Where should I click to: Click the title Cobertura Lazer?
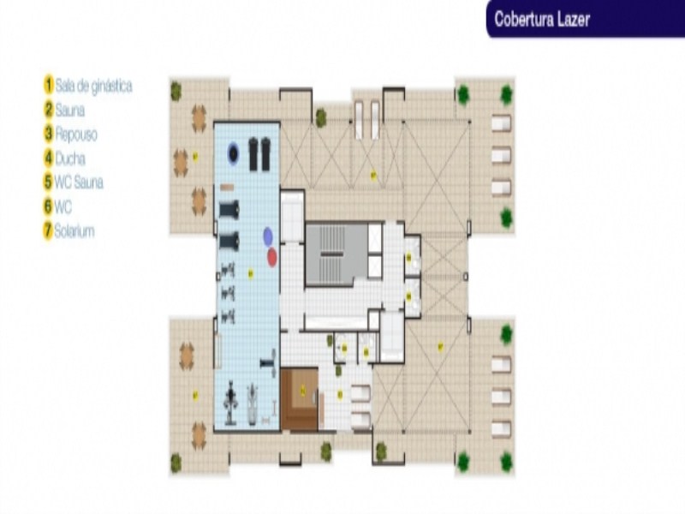point(541,19)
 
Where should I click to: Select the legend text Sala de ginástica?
point(93,86)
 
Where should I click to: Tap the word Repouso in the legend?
point(76,134)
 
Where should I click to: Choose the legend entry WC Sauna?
point(79,182)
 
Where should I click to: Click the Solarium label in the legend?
point(74,231)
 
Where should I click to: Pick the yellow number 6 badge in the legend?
point(49,206)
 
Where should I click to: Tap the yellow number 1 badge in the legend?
point(49,86)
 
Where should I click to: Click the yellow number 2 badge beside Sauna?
point(49,110)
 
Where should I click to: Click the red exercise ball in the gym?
point(272,256)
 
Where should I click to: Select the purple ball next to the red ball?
point(268,236)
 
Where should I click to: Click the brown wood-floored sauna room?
point(300,398)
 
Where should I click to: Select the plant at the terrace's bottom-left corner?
point(176,463)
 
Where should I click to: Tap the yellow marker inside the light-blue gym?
point(251,273)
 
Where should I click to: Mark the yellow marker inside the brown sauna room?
point(302,390)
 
